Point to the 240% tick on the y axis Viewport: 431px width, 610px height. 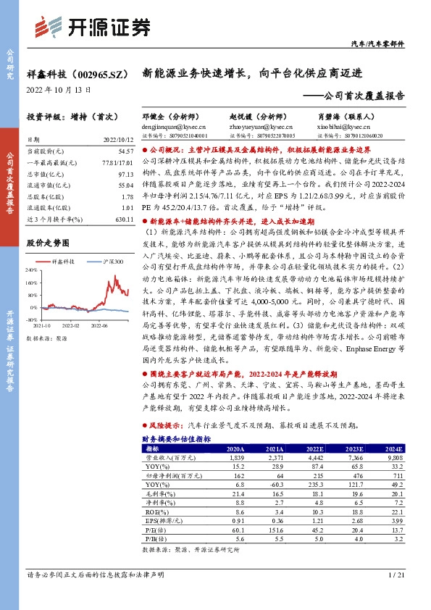33,269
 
